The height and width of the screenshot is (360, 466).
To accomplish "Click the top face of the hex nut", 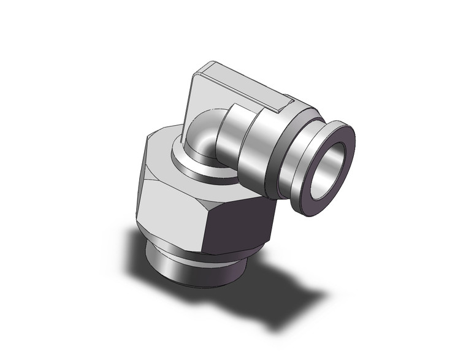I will coord(166,147).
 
